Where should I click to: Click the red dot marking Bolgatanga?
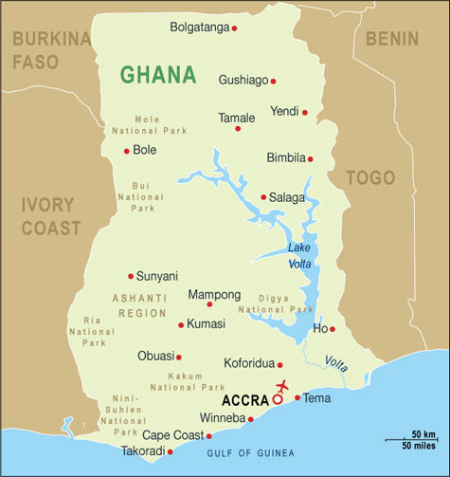click(x=234, y=28)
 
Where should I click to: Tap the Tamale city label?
click(x=236, y=118)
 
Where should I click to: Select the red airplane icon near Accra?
click(x=281, y=386)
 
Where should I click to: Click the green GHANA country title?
click(x=158, y=74)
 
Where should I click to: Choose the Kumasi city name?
click(x=207, y=324)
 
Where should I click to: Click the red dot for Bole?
click(x=126, y=151)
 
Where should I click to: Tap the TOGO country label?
click(x=369, y=178)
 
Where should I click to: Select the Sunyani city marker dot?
click(x=131, y=276)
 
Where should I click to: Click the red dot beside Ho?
click(x=333, y=329)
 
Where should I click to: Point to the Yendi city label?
click(x=284, y=111)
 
